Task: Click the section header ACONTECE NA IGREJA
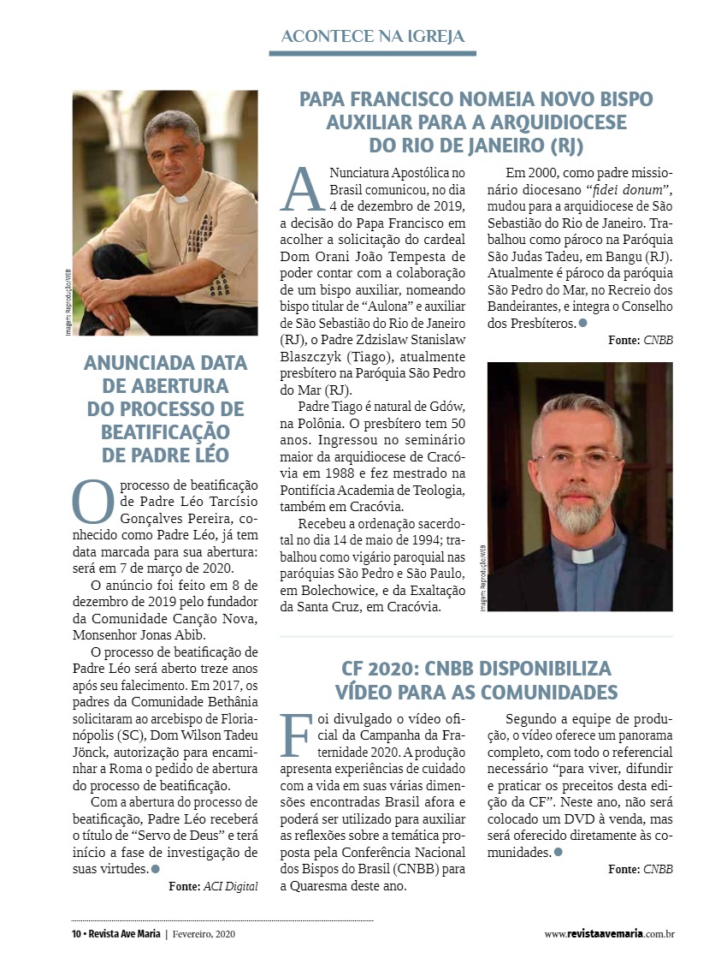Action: (x=373, y=36)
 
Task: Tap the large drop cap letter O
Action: (x=92, y=501)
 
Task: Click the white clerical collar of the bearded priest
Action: (x=583, y=555)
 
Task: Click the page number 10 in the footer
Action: (x=75, y=934)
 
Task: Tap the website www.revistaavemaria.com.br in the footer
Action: (x=609, y=934)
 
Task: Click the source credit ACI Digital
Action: (x=230, y=886)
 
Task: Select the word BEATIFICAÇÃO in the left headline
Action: (x=165, y=431)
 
